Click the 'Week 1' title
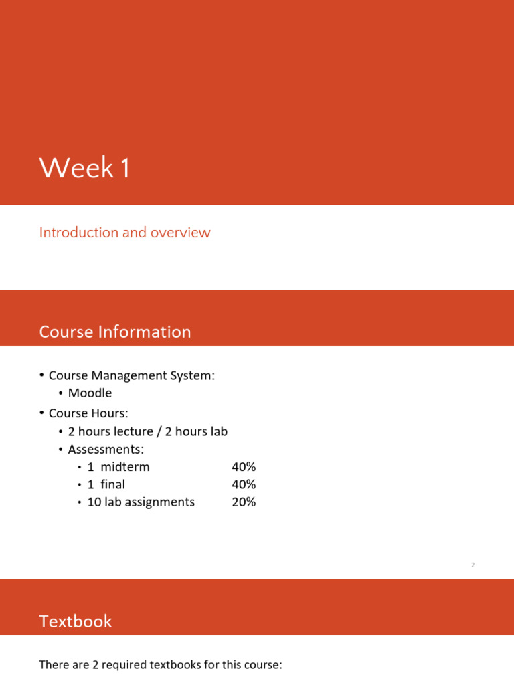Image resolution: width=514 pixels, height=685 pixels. coord(84,168)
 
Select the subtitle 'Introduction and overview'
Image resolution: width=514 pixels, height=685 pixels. coord(124,233)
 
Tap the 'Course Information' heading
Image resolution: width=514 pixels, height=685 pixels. coord(115,332)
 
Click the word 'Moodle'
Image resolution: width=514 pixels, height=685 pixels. coord(90,393)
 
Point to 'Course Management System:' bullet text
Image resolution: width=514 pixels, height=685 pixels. coord(132,375)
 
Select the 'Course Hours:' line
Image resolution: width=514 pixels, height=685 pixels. coord(88,413)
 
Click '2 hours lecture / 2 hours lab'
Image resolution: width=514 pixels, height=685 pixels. coord(147,431)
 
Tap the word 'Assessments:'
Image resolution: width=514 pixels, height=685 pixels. coord(106,449)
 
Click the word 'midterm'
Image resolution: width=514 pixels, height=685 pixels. coord(125,467)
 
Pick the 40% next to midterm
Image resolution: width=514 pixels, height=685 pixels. coord(244,467)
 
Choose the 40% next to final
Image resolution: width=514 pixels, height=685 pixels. coord(244,484)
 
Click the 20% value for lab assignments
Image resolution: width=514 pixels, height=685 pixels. coord(244,502)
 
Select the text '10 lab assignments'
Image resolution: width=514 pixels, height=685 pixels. coord(141,502)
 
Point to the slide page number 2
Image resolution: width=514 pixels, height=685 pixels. coord(473,565)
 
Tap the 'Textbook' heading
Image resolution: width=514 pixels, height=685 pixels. coord(76,622)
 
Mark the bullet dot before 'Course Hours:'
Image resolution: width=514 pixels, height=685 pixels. coord(41,413)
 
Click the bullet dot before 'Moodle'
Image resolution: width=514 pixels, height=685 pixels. coord(61,393)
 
